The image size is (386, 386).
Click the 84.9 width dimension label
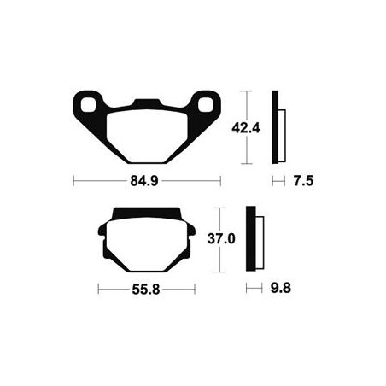pos(144,181)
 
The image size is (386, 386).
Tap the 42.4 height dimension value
pos(246,128)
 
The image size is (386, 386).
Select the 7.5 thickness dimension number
pos(303,181)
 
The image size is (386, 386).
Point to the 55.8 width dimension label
pos(146,289)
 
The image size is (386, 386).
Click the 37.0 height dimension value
pos(221,239)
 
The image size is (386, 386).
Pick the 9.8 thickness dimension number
pos(281,288)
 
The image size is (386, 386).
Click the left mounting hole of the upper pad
pos(88,104)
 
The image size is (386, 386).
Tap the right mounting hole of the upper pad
pos(206,104)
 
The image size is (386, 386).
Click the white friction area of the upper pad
pos(147,136)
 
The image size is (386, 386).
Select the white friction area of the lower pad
pos(147,244)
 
